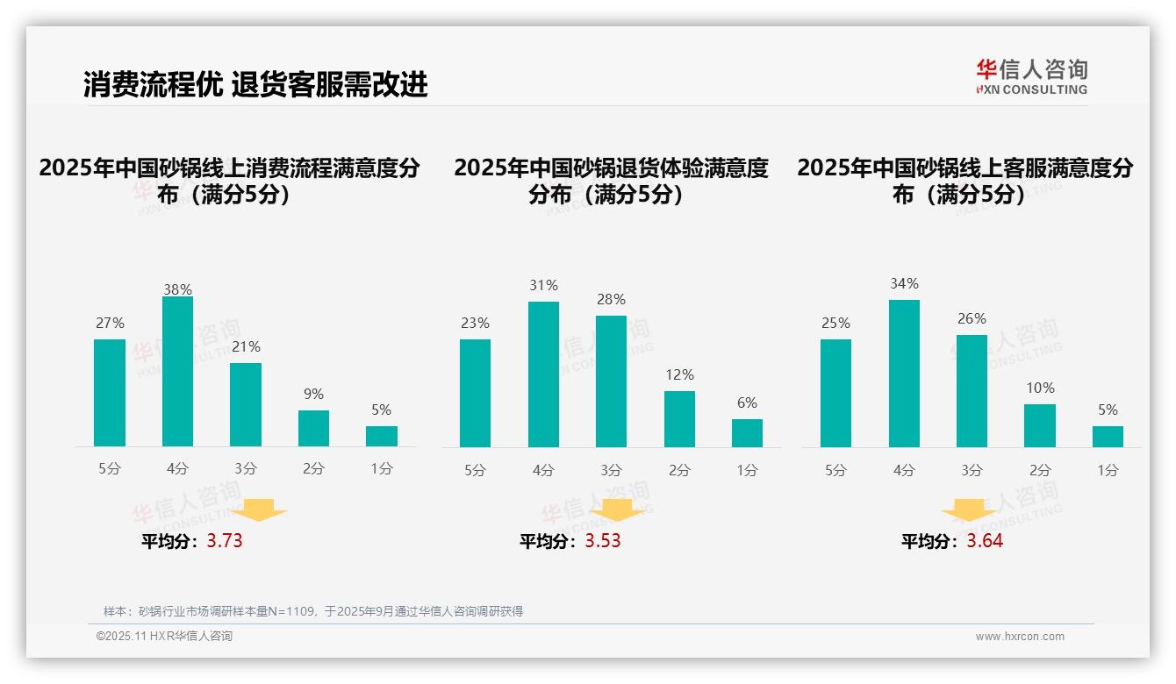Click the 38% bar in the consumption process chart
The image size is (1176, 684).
pyautogui.click(x=177, y=372)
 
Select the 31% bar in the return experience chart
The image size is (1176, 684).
pyautogui.click(x=543, y=374)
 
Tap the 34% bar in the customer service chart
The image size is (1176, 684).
pyautogui.click(x=904, y=374)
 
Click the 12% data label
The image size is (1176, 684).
pyautogui.click(x=679, y=374)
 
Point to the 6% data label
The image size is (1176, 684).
pyautogui.click(x=747, y=403)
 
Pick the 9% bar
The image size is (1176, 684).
pyautogui.click(x=313, y=429)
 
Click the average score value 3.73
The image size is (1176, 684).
pyautogui.click(x=225, y=541)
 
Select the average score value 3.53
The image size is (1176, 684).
pyautogui.click(x=603, y=541)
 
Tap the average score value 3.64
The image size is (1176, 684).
pyautogui.click(x=985, y=541)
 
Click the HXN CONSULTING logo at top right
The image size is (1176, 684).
pyautogui.click(x=1031, y=77)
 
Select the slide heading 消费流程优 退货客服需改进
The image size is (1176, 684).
pyautogui.click(x=255, y=84)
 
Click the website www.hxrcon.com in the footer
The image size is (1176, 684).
pyautogui.click(x=1020, y=637)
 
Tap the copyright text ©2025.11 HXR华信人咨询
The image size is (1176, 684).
pyautogui.click(x=164, y=637)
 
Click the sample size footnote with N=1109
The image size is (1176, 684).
pyautogui.click(x=313, y=611)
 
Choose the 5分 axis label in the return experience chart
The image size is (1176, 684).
pyautogui.click(x=475, y=470)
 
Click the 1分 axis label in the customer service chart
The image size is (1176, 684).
pyautogui.click(x=1108, y=470)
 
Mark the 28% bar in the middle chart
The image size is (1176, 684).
pyautogui.click(x=611, y=381)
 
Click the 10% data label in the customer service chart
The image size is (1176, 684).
pyautogui.click(x=1040, y=388)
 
